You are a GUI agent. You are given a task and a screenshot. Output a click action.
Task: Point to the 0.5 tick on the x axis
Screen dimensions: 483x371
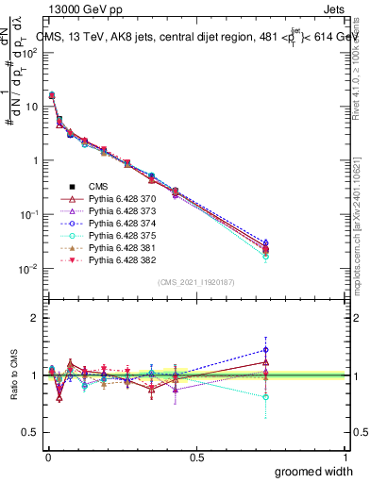pyautogui.click(x=196, y=457)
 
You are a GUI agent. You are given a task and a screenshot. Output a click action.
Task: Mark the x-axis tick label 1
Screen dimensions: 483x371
pyautogui.click(x=345, y=457)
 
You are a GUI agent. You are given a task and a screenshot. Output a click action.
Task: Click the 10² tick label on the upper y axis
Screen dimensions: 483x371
pyautogui.click(x=33, y=53)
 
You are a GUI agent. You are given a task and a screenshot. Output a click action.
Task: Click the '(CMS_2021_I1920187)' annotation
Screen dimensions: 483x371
pyautogui.click(x=195, y=282)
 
